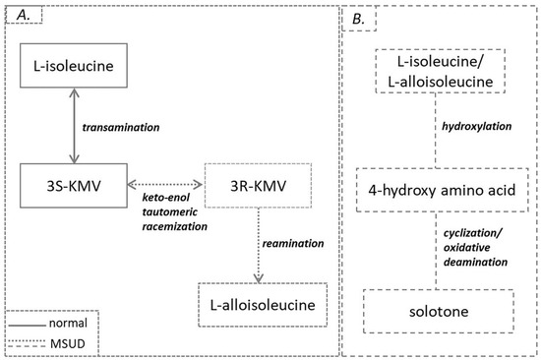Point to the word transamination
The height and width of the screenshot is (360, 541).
[x=119, y=127]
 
